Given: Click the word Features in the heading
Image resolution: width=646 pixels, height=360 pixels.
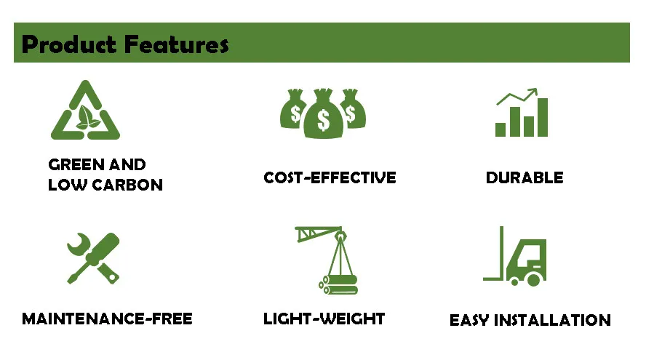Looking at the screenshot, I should pos(177,44).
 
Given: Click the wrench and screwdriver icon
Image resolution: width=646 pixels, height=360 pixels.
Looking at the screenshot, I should pos(92,257).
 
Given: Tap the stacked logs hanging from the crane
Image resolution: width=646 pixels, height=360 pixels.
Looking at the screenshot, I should pos(339,284).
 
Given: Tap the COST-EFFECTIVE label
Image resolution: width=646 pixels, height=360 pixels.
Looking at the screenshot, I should pos(330,177).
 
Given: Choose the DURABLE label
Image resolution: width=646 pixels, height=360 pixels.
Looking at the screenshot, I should pos(525,177).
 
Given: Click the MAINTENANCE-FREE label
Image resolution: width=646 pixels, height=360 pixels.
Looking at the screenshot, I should pos(107,319).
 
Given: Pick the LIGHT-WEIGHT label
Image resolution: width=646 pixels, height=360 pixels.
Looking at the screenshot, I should pos(324,319).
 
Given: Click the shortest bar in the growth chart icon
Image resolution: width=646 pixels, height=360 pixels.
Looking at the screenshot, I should pos(501,129).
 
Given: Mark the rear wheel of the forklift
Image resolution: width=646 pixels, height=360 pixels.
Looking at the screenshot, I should pos(534,279).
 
